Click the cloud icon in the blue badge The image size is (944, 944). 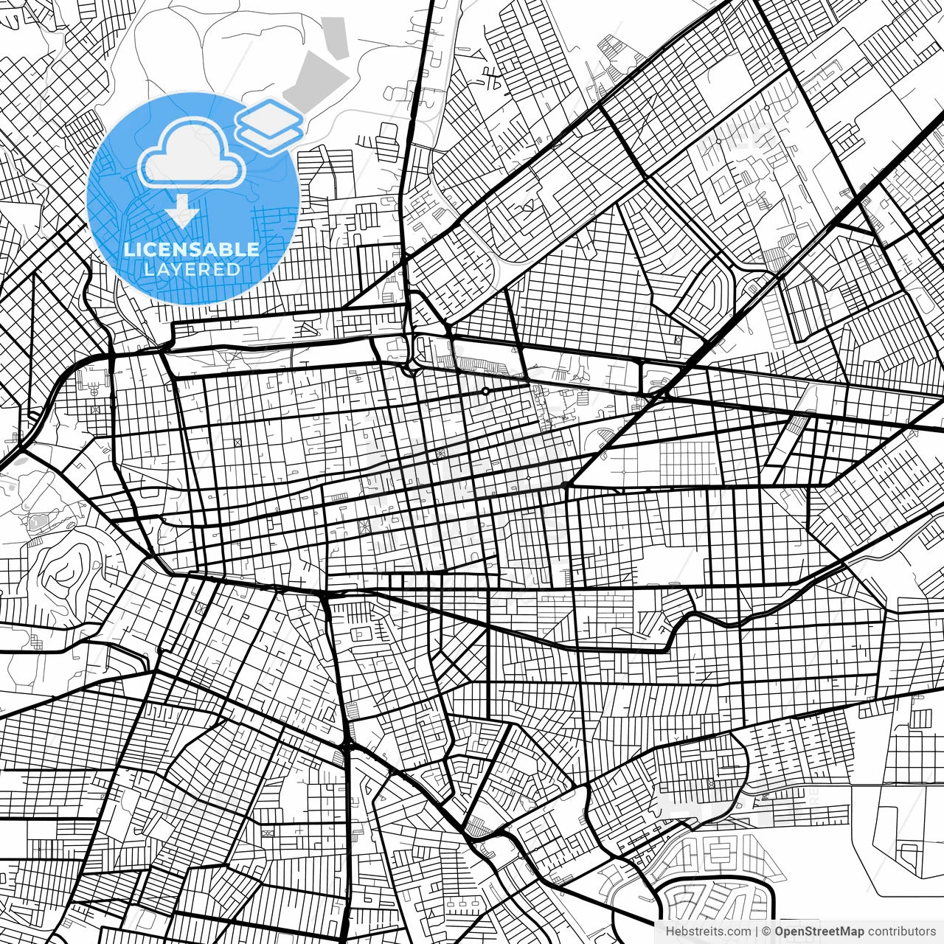pos(192,156)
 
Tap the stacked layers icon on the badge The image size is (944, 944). pos(270,125)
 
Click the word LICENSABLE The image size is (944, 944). pos(192,249)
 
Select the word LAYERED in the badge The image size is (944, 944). pos(192,270)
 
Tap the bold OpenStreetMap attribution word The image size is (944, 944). pos(819,931)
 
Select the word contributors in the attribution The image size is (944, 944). pos(901,931)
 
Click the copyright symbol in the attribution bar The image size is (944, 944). pos(767,931)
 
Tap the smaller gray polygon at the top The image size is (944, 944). pos(337,37)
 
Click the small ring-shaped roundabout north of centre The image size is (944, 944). pos(485,391)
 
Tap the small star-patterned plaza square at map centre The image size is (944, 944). pos(363,526)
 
